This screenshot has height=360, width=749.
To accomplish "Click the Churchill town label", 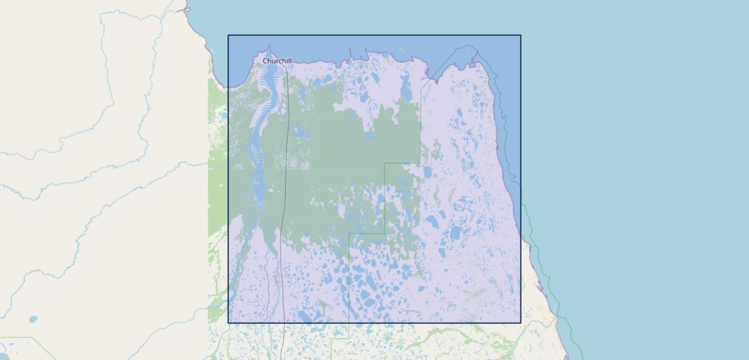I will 277,61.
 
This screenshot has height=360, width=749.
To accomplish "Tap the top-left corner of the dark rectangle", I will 228,35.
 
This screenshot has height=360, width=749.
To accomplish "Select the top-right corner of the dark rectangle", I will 520,35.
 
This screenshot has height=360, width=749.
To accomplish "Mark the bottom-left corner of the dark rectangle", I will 228,323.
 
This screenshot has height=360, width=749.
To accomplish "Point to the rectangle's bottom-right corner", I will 520,323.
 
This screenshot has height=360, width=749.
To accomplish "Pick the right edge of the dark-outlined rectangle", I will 520,180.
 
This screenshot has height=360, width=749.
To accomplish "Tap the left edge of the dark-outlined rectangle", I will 228,180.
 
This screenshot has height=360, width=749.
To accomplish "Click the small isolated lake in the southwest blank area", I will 32,319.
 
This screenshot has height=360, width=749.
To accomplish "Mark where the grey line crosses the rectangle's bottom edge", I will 283,323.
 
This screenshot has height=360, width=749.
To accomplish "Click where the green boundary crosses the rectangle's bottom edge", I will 349,323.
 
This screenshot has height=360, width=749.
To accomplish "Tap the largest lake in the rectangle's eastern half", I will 456,233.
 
